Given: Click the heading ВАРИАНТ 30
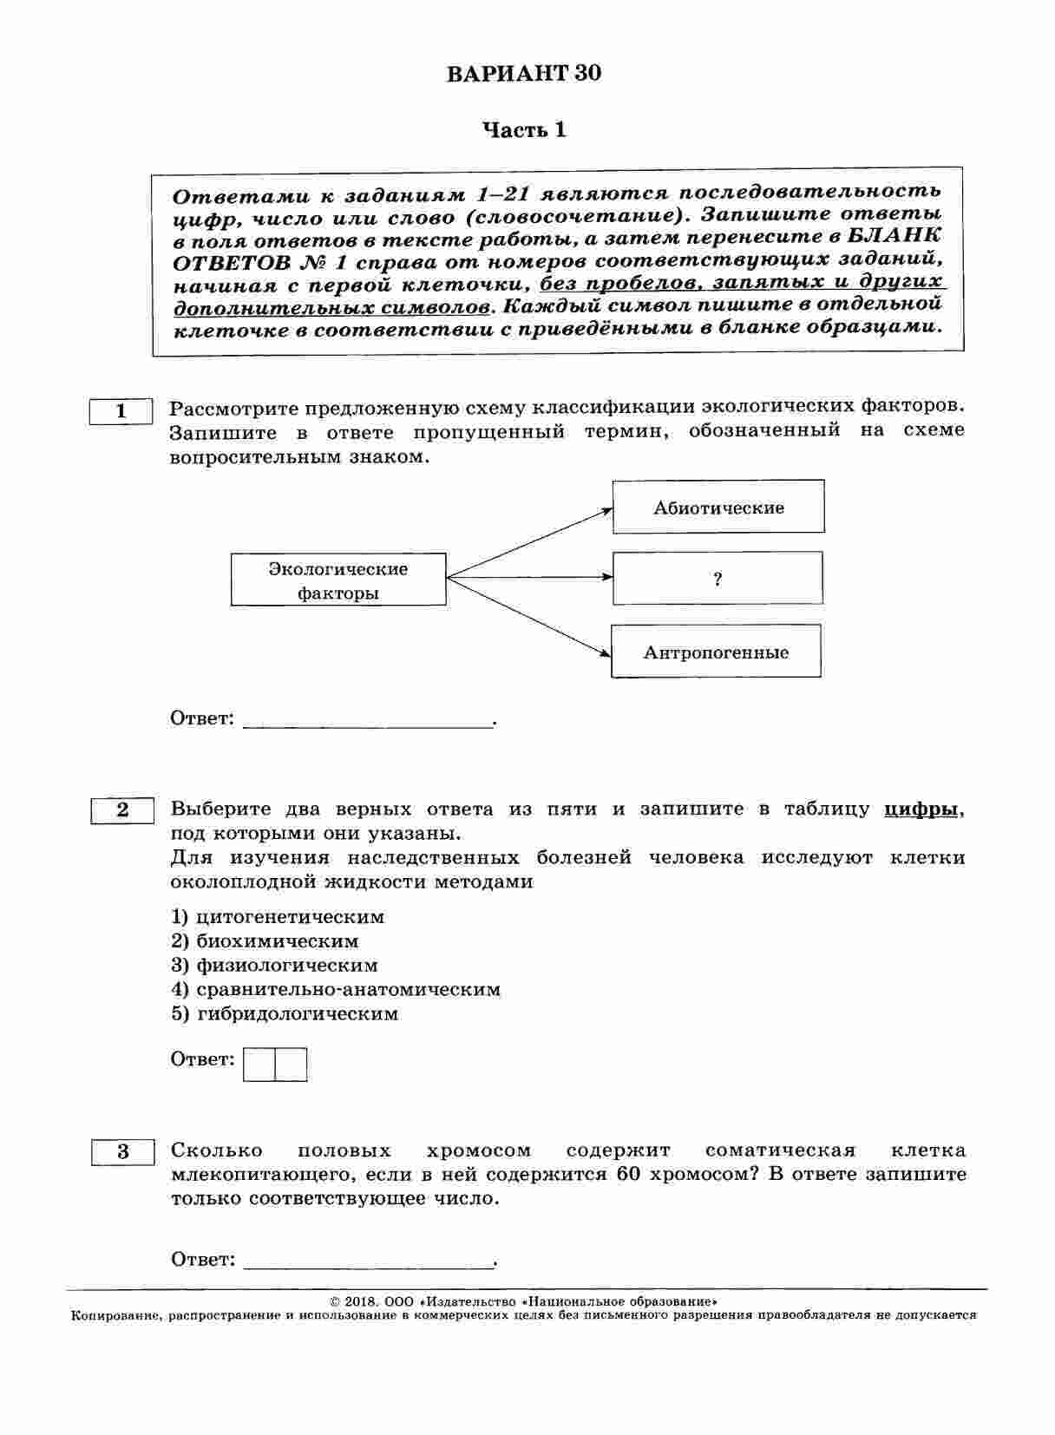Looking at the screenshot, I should coord(523,74).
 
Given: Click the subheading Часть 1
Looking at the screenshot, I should coord(524,130).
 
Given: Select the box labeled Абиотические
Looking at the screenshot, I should coord(718,508).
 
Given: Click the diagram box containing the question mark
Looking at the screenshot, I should coord(718,579).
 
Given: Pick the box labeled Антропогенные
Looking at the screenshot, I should coord(716,652).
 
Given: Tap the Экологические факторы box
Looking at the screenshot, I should coord(338,580).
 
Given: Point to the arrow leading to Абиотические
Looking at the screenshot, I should coord(529,543).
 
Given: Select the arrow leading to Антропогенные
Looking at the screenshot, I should coord(529,616).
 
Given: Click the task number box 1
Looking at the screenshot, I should coord(121,411).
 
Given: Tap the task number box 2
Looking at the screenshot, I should coord(122,810).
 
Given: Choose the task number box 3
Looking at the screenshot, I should coord(122,1151).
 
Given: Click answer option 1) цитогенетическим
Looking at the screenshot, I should coord(278,917).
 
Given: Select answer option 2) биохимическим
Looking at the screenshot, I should coord(265,941).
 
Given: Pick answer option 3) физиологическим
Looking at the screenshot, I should coord(274,966).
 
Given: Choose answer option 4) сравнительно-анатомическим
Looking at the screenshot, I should coord(336,990).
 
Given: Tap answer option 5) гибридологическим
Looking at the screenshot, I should coord(285,1014).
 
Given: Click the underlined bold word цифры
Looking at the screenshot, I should coord(921,809).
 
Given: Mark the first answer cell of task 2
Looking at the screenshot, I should coord(259,1065).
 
